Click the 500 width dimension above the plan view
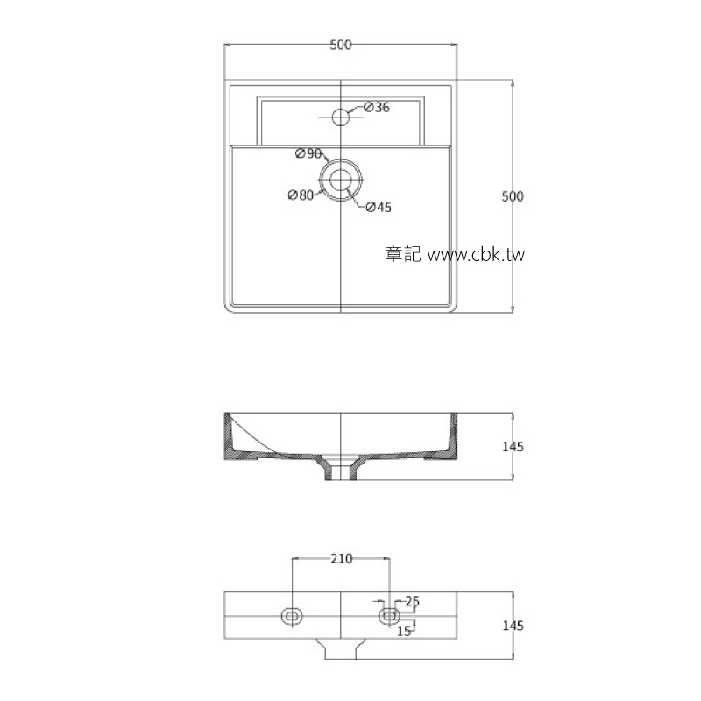click(x=341, y=46)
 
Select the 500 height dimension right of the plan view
click(x=512, y=196)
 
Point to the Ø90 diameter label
click(x=308, y=153)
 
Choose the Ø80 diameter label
click(x=301, y=195)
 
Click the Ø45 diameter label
click(x=378, y=208)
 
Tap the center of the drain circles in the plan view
click(x=340, y=180)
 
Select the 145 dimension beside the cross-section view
click(x=513, y=447)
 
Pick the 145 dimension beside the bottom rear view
click(x=513, y=626)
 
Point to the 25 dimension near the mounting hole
click(x=413, y=601)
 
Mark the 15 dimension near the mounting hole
click(x=405, y=630)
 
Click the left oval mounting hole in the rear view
click(x=292, y=616)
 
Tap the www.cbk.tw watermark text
click(x=474, y=255)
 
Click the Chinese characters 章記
click(x=403, y=255)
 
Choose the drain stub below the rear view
click(x=340, y=648)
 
